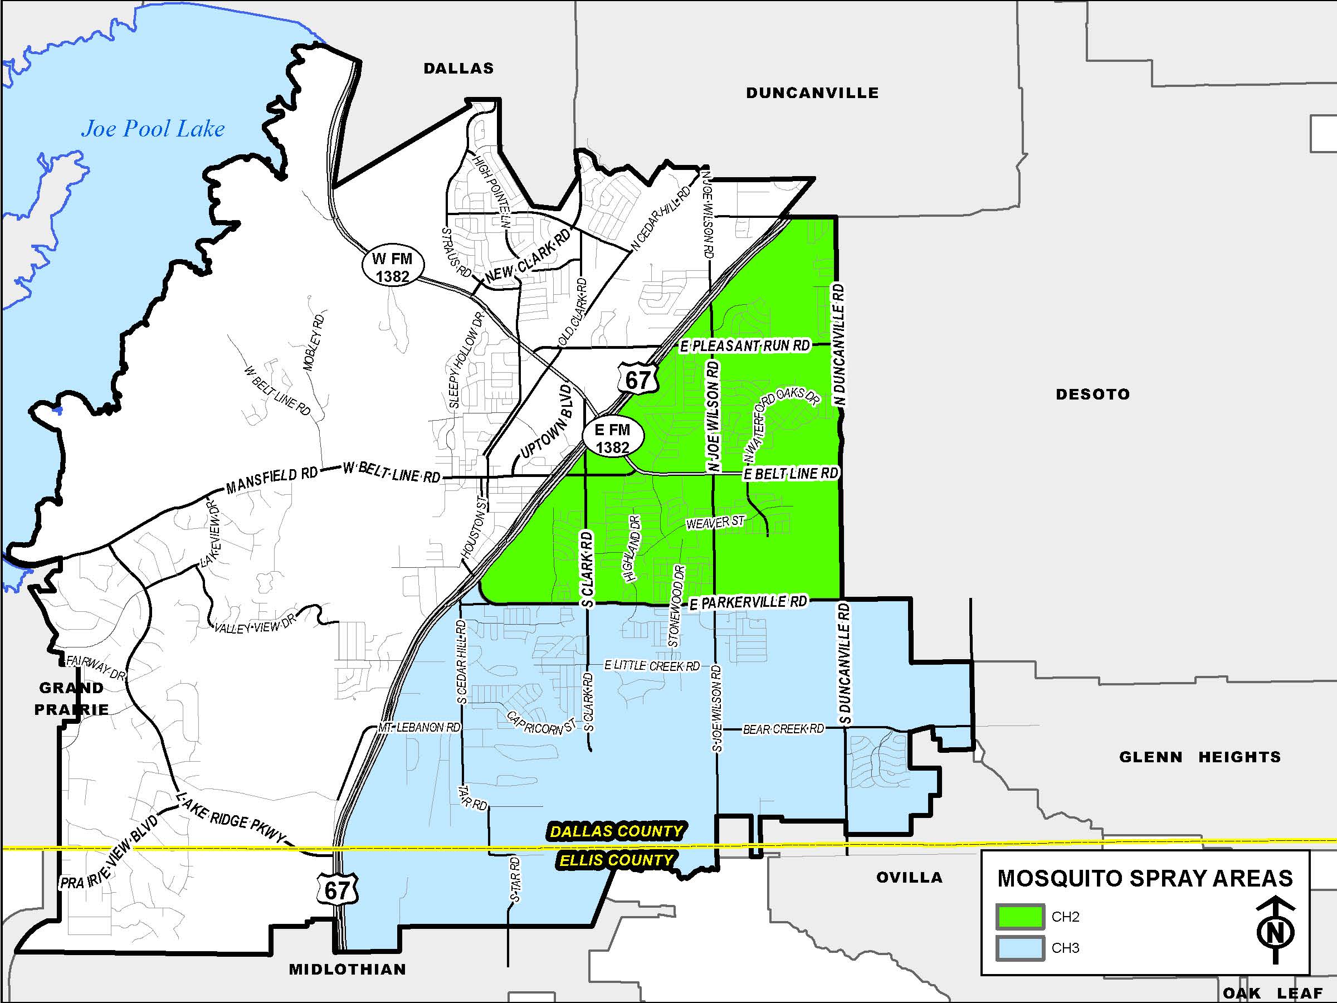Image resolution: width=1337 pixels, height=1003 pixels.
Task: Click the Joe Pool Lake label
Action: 153,129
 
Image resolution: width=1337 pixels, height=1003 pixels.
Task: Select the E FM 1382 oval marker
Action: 612,439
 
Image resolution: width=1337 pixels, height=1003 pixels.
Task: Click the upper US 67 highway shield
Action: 637,379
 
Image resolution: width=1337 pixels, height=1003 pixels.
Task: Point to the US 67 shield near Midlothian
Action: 336,890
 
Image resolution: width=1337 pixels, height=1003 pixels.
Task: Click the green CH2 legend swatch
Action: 1020,917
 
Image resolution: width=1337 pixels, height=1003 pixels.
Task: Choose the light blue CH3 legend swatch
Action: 1020,948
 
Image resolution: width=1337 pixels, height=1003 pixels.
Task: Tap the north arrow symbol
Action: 1275,931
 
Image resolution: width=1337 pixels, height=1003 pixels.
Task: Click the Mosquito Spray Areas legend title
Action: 1145,878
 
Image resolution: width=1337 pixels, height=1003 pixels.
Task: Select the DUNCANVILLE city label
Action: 812,93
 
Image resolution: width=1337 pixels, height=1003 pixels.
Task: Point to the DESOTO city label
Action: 1092,394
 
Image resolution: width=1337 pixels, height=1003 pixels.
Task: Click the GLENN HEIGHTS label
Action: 1200,757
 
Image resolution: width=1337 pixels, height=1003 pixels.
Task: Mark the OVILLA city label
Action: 909,877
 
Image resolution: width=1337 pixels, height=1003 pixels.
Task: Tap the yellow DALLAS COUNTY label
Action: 616,831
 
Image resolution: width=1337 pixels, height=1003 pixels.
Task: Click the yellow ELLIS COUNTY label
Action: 616,860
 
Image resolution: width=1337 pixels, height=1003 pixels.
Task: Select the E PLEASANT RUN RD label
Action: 745,346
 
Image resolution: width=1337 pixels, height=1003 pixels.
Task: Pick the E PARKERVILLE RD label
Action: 748,602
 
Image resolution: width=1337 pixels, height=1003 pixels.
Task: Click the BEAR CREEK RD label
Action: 783,729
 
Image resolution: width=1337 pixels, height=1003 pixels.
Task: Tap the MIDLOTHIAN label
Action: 348,969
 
